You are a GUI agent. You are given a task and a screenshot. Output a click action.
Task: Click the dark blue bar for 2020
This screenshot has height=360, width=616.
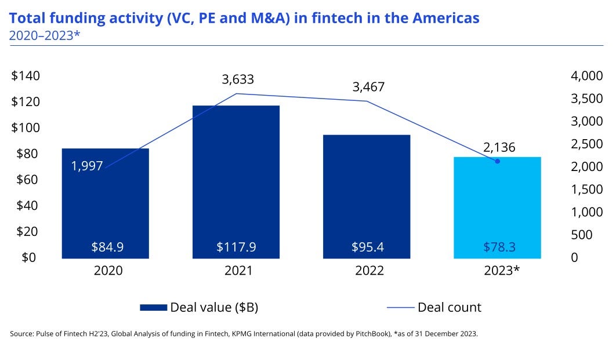point(105,203)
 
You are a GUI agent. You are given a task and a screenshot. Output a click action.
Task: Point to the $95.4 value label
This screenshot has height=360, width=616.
point(367,247)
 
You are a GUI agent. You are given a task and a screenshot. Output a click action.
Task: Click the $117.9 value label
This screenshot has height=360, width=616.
point(236,247)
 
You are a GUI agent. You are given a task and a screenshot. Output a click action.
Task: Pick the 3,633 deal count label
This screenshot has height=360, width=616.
point(238,79)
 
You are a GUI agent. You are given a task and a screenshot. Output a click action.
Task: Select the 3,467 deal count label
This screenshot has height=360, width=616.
point(368,88)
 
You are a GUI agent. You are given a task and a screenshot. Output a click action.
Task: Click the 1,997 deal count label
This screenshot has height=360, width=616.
point(87,166)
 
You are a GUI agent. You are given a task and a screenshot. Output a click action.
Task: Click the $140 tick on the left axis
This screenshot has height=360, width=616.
point(24,76)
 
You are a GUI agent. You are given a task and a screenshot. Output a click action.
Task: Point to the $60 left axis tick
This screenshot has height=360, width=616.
point(24,180)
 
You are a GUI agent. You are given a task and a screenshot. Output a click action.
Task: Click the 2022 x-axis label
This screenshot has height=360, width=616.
point(368,271)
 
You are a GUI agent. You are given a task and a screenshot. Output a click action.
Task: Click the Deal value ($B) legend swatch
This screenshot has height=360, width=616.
point(153,307)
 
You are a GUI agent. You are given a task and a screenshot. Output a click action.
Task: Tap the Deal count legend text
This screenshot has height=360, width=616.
point(449,307)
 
